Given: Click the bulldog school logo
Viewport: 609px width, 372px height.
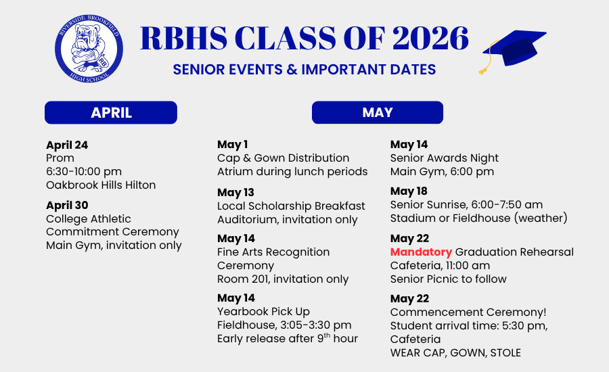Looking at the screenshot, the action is (89, 49).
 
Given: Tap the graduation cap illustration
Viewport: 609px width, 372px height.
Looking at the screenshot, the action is (513, 51).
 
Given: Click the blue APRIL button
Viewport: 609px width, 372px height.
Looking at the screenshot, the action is (111, 112).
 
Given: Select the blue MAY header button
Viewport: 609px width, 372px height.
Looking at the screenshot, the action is (378, 112).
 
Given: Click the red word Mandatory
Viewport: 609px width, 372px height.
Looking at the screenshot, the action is (421, 252).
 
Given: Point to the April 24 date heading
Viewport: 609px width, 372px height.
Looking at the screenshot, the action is (67, 145).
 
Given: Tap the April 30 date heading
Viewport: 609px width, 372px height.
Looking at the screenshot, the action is (67, 205).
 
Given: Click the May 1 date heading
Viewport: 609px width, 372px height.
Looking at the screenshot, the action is (232, 145).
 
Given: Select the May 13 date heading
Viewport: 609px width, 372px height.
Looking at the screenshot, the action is (235, 192).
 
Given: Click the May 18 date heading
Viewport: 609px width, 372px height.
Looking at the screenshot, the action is (409, 191).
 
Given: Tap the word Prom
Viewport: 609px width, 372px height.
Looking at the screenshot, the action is (60, 158).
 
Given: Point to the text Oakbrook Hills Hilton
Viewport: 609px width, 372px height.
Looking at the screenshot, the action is (101, 185).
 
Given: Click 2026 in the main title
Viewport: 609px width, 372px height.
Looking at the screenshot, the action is (430, 38).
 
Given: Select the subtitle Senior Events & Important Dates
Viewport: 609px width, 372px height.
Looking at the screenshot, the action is (304, 70).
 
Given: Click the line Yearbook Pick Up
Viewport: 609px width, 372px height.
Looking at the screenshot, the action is (263, 311).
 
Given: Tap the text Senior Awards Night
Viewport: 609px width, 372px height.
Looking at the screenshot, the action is (445, 158).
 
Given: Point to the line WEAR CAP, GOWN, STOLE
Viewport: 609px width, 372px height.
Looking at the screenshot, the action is (455, 352).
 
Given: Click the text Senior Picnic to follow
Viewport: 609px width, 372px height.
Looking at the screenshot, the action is (449, 279).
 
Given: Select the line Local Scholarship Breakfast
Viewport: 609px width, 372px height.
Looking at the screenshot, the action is (291, 206).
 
